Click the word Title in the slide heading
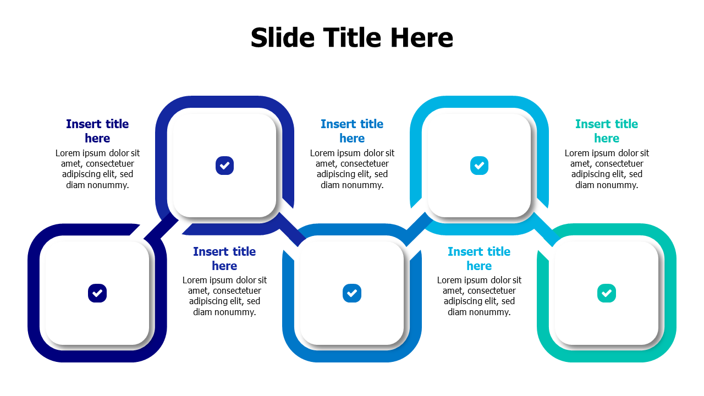pyautogui.click(x=352, y=38)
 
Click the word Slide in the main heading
pyautogui.click(x=283, y=38)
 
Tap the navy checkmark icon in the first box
pyautogui.click(x=97, y=293)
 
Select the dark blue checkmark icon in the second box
pyautogui.click(x=224, y=166)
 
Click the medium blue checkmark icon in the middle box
pyautogui.click(x=351, y=293)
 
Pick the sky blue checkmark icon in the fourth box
pyautogui.click(x=479, y=166)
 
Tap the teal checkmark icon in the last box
pyautogui.click(x=606, y=293)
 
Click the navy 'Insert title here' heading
pyautogui.click(x=97, y=131)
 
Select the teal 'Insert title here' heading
pyautogui.click(x=607, y=131)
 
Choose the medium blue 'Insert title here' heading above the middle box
pyautogui.click(x=352, y=131)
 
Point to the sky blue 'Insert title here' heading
pyautogui.click(x=479, y=258)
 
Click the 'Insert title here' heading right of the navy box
pyautogui.click(x=224, y=258)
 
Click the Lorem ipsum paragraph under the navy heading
pyautogui.click(x=97, y=169)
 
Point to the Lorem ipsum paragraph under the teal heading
pyautogui.click(x=607, y=169)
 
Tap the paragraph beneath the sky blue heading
pyautogui.click(x=479, y=296)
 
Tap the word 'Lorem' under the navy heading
pyautogui.click(x=68, y=153)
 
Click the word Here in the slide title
pyautogui.click(x=422, y=38)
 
